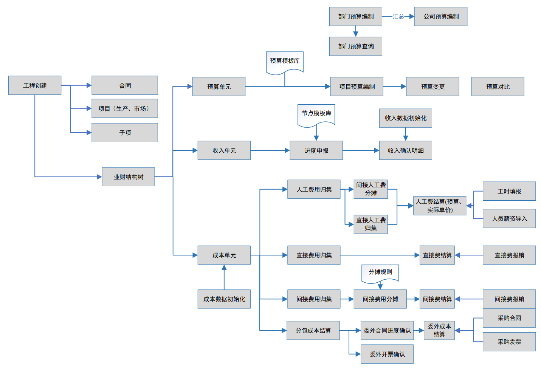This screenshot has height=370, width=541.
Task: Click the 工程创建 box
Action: tap(35, 85)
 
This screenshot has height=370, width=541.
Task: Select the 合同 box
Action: tap(125, 85)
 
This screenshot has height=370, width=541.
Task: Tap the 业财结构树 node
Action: tap(128, 177)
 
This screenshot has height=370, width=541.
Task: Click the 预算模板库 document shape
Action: tap(285, 61)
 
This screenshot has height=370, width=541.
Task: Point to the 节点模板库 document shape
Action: tap(316, 114)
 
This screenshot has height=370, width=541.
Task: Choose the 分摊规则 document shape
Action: tap(380, 272)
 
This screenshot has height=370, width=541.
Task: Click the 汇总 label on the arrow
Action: tap(398, 17)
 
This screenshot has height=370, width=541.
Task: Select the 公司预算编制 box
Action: tap(441, 17)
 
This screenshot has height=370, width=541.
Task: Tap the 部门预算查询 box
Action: tap(356, 46)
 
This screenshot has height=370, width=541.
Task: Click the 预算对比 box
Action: tap(498, 87)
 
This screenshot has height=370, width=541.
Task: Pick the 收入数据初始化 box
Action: tap(406, 118)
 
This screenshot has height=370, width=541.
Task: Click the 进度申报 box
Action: tap(316, 150)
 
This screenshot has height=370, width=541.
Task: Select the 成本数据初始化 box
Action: tap(224, 299)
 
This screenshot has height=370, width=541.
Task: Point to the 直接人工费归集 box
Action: tap(371, 224)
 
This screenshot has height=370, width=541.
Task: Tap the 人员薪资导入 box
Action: tap(509, 219)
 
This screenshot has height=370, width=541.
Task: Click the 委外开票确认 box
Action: tap(387, 354)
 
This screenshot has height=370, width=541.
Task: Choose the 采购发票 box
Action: tap(509, 342)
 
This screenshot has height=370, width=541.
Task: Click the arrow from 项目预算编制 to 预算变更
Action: tap(395, 87)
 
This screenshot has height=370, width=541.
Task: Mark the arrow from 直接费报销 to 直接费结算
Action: tap(469, 255)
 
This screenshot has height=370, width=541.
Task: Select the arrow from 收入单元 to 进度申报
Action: tap(270, 150)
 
